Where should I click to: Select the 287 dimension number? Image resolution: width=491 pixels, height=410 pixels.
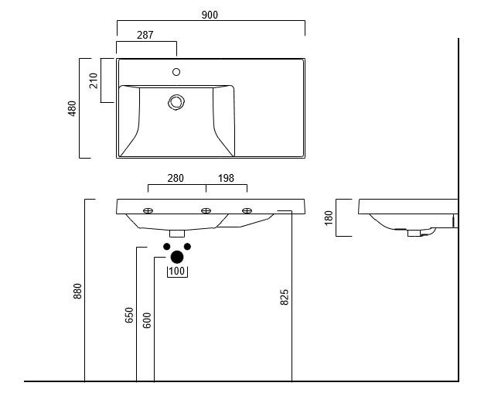[145, 35]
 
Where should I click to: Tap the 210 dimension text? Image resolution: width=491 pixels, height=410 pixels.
[94, 80]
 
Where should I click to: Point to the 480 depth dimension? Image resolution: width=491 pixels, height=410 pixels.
[73, 108]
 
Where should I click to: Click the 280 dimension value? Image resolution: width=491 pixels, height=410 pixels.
[176, 178]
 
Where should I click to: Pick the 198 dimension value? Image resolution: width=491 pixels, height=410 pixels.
[226, 178]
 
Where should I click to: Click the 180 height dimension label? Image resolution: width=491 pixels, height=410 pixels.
[329, 217]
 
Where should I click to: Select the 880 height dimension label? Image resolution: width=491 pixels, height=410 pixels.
[77, 291]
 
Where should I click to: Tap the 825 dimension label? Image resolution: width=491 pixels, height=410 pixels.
[284, 296]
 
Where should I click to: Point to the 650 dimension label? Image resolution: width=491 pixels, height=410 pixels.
[129, 315]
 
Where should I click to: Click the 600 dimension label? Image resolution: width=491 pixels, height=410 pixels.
[147, 319]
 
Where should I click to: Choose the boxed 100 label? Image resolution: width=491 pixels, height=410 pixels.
[177, 271]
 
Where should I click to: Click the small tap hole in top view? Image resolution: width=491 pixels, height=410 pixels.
[176, 72]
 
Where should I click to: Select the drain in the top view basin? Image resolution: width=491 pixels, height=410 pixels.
[177, 101]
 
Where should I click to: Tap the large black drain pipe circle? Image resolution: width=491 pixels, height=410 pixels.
[177, 257]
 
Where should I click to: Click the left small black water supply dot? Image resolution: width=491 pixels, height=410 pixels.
[166, 247]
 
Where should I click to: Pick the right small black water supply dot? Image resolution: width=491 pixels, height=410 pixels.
[187, 247]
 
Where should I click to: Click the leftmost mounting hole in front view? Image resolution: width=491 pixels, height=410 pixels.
[148, 210]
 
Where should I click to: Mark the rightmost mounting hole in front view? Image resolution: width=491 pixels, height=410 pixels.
[247, 210]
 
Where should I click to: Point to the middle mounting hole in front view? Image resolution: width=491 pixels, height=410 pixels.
[206, 210]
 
